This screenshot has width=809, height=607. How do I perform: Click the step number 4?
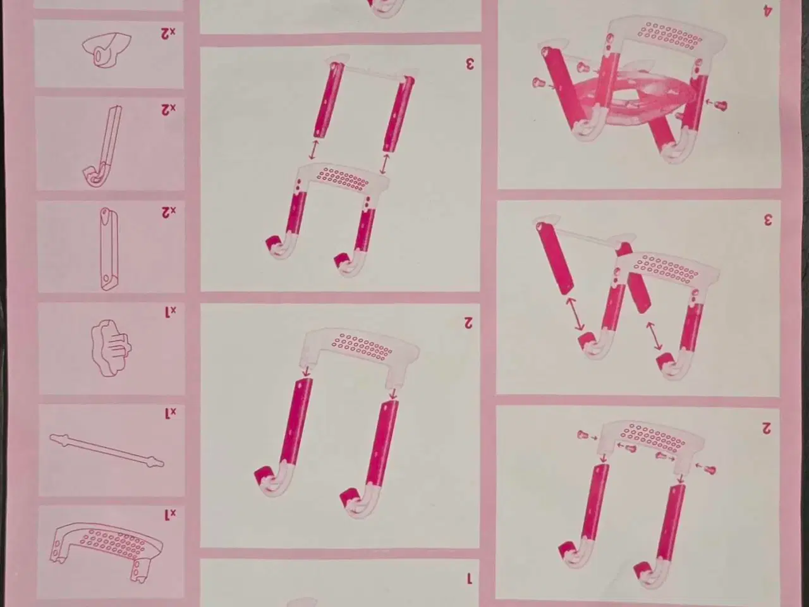click(767, 10)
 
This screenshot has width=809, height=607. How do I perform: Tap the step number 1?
click(468, 578)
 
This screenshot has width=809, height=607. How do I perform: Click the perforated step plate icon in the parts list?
click(106, 543)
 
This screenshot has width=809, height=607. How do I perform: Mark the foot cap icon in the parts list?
click(105, 52)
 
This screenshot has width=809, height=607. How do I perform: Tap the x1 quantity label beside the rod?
click(169, 414)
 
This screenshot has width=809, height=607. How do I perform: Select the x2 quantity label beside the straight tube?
click(168, 211)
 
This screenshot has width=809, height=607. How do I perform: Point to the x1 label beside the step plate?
click(169, 515)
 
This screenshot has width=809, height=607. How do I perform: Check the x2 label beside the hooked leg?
click(168, 109)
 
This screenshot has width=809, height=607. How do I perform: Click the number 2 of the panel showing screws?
click(766, 428)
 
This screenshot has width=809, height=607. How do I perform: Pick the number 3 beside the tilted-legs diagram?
click(767, 219)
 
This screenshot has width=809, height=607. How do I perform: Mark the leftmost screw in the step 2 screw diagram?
click(585, 435)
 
